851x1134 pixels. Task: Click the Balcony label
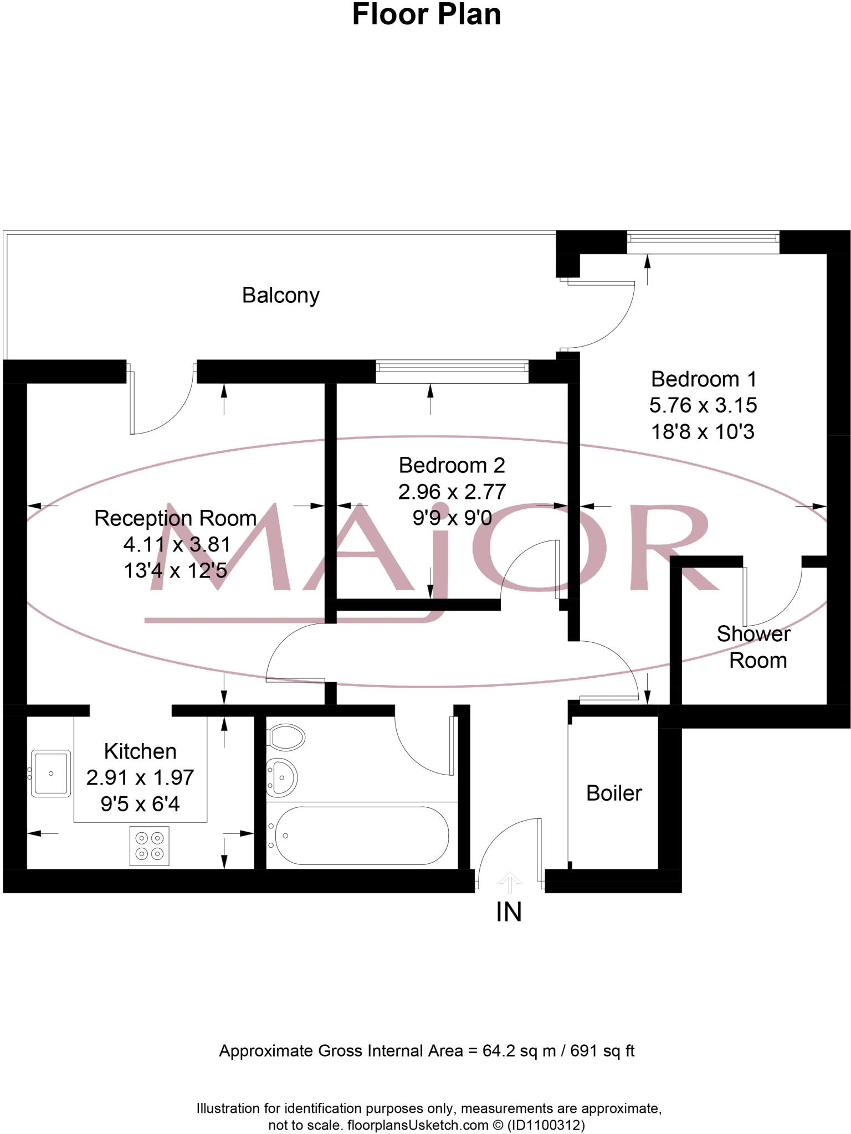pos(281,295)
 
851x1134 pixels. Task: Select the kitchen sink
pos(51,773)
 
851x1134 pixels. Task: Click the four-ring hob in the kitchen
pos(150,846)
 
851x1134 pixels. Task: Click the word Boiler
pos(614,793)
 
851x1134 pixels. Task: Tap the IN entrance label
pos(509,912)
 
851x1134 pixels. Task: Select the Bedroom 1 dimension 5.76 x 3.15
pos(703,405)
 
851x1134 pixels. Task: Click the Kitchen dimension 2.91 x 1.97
pos(140,777)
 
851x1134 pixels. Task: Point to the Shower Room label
pos(755,647)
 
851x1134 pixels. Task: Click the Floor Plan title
pos(426,14)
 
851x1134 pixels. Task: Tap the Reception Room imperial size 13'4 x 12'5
pos(176,570)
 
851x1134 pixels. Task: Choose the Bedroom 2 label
pos(452,465)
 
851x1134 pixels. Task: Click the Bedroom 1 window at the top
pos(703,238)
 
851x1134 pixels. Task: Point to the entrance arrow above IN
pos(509,883)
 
